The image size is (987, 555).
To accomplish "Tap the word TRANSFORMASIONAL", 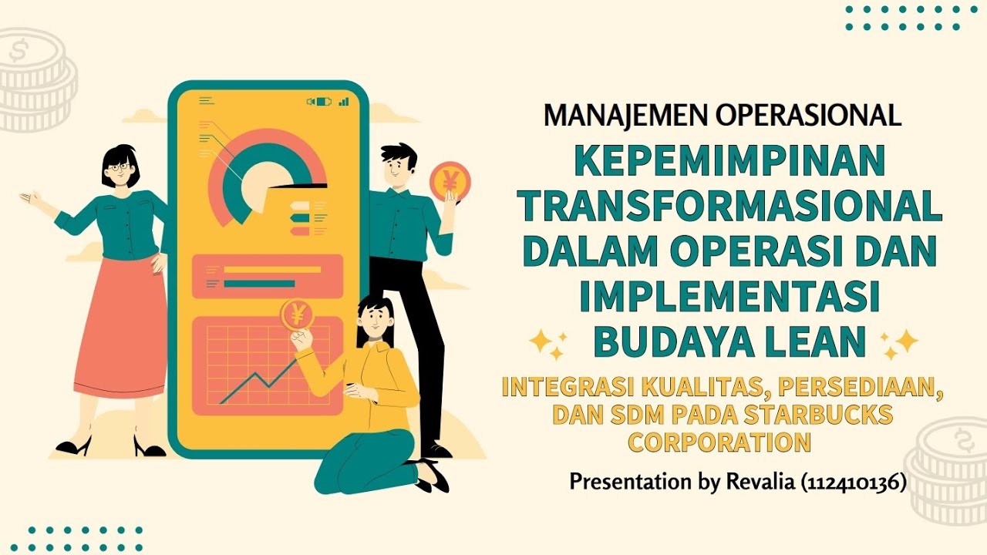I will point(729,206).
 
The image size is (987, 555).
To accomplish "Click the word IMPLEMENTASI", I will point(730,297).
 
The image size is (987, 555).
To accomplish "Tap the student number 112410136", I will point(853,483).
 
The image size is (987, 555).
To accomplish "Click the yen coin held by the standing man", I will point(450,182).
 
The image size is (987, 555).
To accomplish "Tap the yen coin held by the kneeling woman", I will point(296,315).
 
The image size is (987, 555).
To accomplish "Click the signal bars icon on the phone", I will point(343,101).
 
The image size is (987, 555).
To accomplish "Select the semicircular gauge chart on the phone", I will point(267,173).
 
